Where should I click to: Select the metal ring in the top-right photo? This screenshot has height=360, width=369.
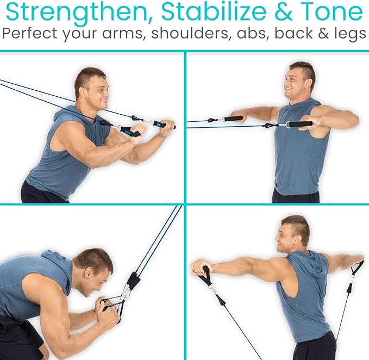(281, 125)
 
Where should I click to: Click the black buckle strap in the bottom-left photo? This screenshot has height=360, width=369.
(132, 281)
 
